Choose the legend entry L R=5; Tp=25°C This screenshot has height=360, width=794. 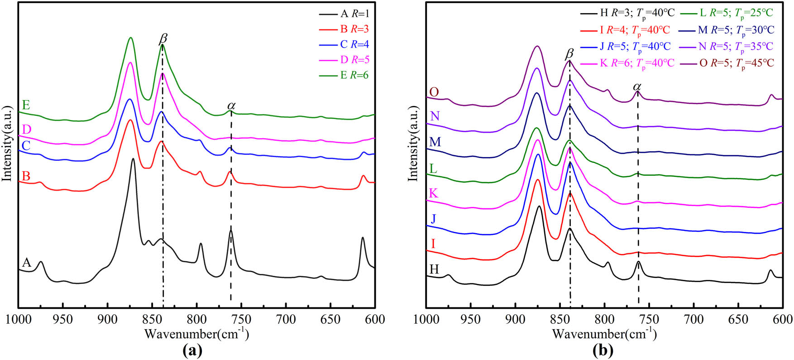tap(736, 13)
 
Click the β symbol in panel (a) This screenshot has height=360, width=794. tap(163, 39)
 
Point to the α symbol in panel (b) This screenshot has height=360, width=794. tap(637, 86)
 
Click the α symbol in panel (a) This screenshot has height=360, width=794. tap(231, 106)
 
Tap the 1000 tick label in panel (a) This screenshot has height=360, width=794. tap(18, 319)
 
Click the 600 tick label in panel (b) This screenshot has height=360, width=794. tap(783, 319)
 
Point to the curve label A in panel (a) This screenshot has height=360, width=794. tap(27, 263)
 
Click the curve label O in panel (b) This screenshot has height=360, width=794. tap(434, 92)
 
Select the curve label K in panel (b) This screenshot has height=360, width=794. tap(433, 194)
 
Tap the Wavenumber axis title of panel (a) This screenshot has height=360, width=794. tap(196, 335)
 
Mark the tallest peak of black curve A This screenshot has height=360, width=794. tap(133, 159)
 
